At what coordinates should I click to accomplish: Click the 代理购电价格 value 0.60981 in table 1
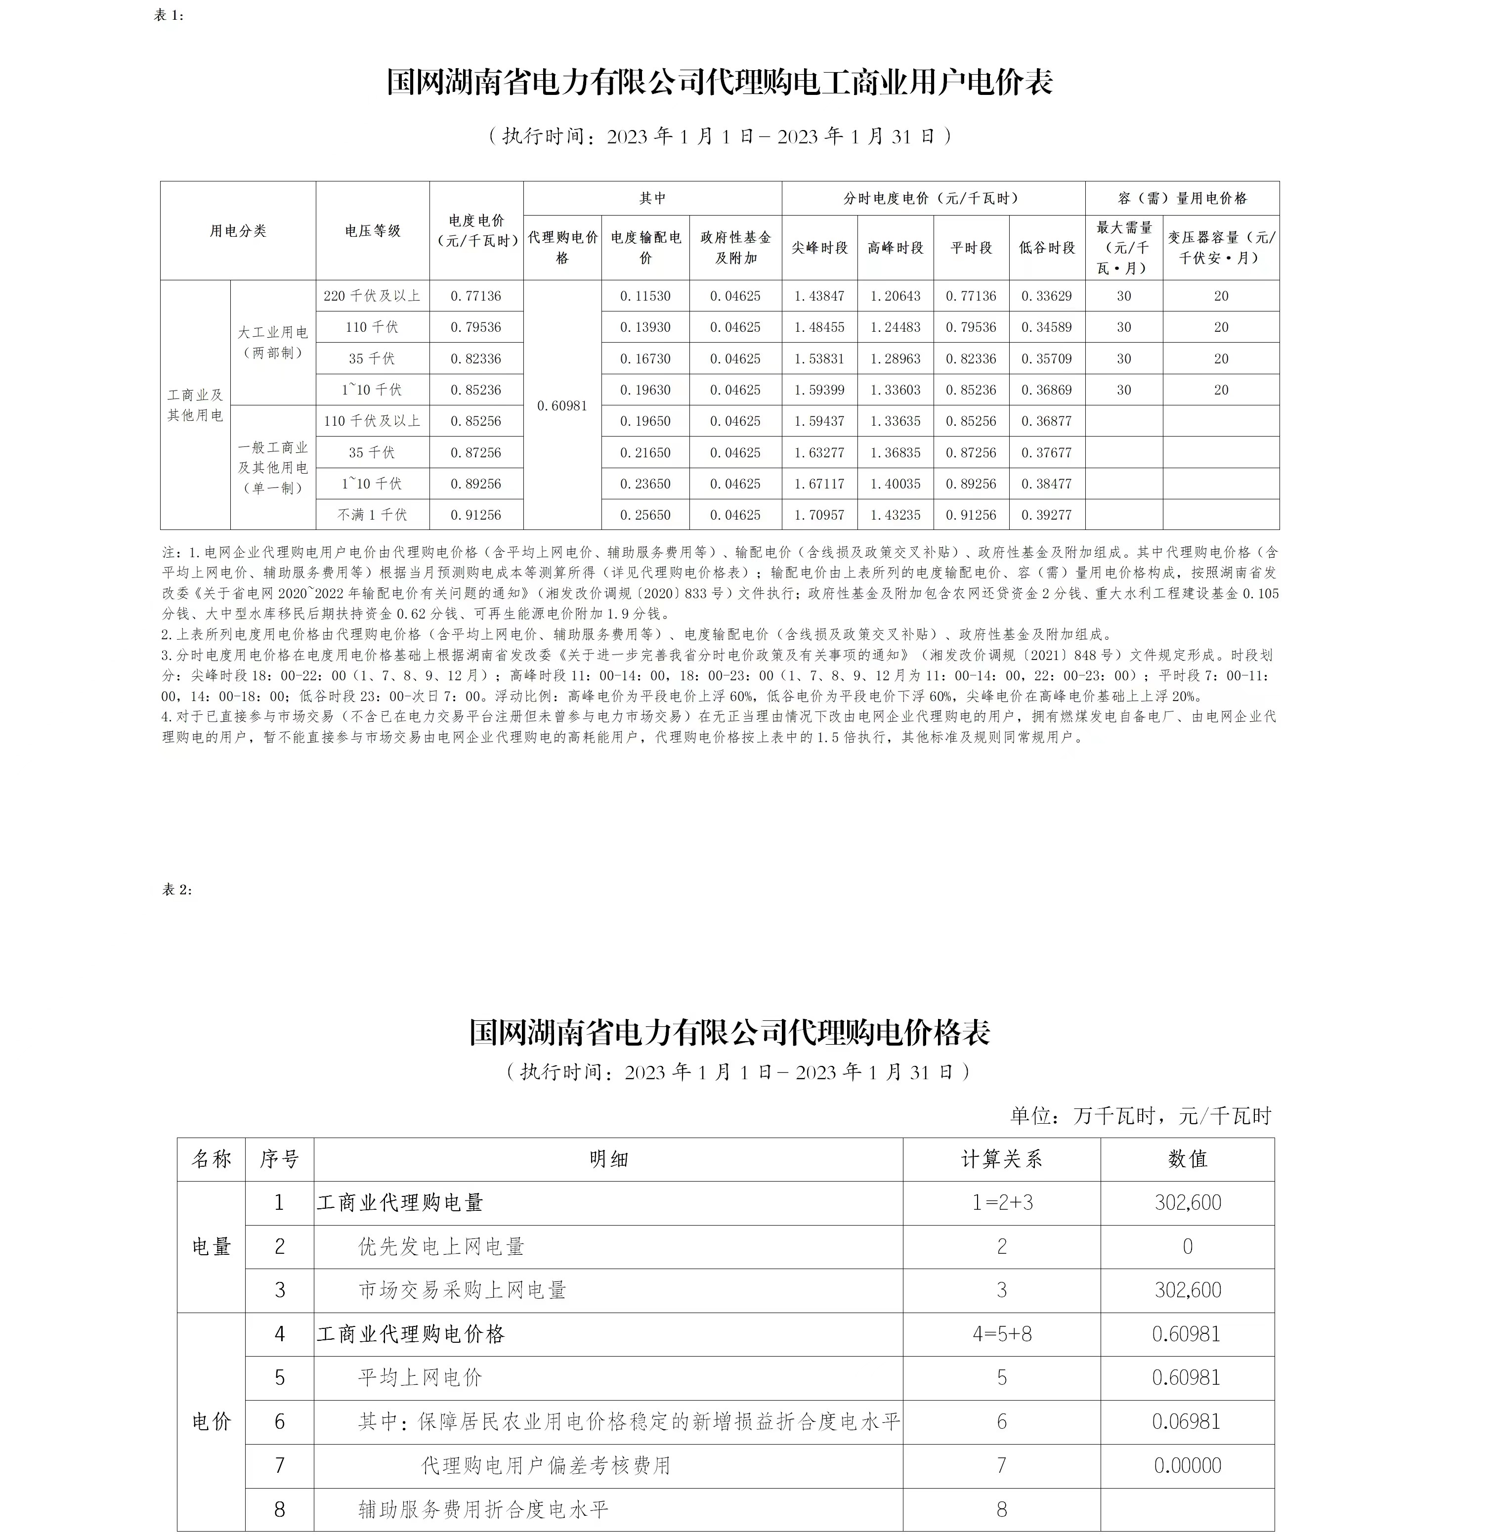click(x=561, y=405)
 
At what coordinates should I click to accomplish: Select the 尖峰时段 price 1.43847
click(x=819, y=296)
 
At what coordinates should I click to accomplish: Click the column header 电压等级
click(x=373, y=231)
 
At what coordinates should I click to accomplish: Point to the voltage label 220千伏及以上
click(x=372, y=296)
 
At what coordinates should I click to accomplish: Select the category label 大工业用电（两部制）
click(x=273, y=342)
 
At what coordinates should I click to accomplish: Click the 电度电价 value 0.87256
click(x=476, y=452)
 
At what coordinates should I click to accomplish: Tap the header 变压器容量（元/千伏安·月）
click(x=1221, y=247)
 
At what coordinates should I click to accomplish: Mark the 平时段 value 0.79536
click(x=971, y=327)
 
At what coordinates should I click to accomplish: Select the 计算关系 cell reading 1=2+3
click(x=1002, y=1203)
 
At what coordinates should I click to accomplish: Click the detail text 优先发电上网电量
click(x=441, y=1247)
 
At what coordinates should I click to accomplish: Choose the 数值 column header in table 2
click(x=1187, y=1159)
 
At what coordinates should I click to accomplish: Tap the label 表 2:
click(x=176, y=890)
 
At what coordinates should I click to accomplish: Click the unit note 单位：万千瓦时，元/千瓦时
click(x=1141, y=1116)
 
